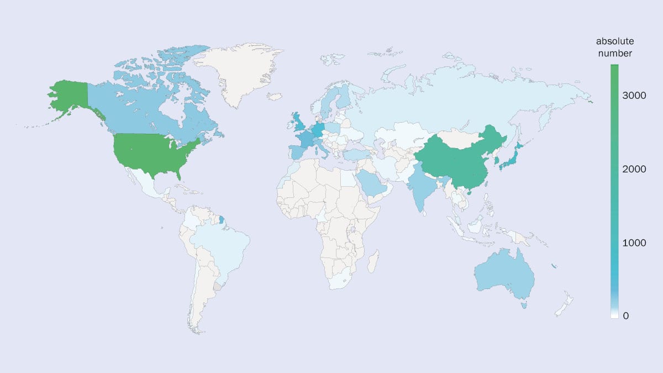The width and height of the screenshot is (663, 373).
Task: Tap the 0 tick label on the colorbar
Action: coord(625,316)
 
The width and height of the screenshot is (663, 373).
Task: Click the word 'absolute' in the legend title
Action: coord(614,42)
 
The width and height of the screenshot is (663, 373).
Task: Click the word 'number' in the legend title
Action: coord(614,54)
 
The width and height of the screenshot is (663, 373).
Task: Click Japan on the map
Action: coord(511,155)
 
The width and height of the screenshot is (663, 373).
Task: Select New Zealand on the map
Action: coord(564,307)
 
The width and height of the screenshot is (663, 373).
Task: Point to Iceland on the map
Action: coord(275,97)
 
